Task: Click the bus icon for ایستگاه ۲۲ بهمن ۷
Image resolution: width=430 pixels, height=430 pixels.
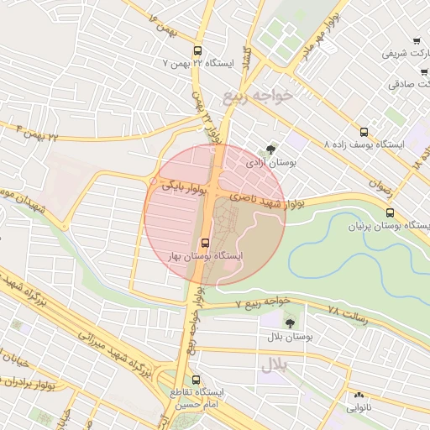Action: click(197, 50)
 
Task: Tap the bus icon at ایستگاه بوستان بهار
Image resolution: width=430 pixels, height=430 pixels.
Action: click(207, 244)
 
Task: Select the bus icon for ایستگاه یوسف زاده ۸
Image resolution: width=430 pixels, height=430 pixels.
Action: click(364, 132)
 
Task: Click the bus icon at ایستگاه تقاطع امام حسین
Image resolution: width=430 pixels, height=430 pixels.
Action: click(197, 380)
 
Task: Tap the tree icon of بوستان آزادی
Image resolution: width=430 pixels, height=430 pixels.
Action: click(270, 148)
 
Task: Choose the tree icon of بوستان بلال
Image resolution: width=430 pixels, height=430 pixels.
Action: click(291, 322)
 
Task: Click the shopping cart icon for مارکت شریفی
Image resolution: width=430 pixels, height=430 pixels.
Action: click(416, 41)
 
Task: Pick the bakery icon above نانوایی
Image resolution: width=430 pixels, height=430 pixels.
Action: click(359, 395)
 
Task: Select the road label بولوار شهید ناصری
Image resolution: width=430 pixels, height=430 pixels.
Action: click(266, 200)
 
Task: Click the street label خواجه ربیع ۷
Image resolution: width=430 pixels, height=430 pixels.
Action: click(262, 301)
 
